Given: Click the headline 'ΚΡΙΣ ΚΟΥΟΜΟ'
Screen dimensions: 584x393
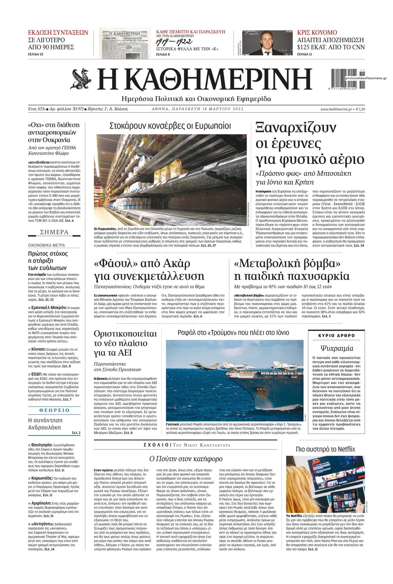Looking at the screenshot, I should coord(317,32).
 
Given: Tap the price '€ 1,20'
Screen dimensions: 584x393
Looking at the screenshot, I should coord(360,109).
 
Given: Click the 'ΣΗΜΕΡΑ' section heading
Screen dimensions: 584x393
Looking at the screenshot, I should coord(54,232).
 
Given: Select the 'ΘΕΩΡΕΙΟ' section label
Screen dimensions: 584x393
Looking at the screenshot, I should coord(54,410).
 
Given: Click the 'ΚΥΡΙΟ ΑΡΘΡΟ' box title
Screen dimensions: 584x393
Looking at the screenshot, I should coord(336,335).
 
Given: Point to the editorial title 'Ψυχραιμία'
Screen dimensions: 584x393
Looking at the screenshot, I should coord(336,348).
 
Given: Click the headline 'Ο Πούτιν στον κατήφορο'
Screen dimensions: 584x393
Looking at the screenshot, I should coord(186,459).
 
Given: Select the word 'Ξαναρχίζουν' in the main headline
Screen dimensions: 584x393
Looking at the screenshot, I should coord(296,129).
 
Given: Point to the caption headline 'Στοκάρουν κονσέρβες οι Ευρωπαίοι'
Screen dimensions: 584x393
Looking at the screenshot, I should coord(170,126).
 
